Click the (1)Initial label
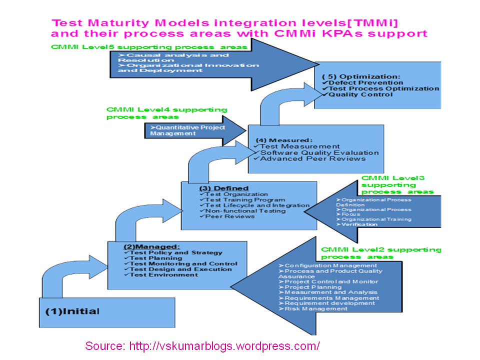pos(72,311)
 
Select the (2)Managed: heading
pos(151,246)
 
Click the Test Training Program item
pos(242,199)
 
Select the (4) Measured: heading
pos(284,140)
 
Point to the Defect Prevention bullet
pos(365,82)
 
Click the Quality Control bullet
pos(356,94)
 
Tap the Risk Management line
pos(315,308)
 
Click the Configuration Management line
pos(330,265)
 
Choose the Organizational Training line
pos(376,219)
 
